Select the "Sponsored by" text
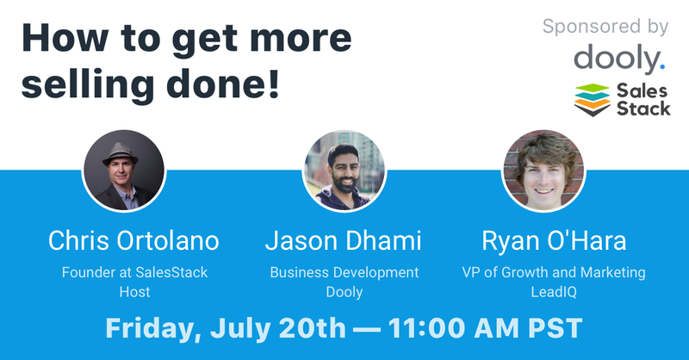(605, 27)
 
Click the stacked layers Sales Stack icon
(591, 99)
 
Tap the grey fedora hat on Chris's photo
(122, 152)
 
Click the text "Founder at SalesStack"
(134, 273)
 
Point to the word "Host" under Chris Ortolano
(134, 292)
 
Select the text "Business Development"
(344, 273)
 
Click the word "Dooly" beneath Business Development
(344, 292)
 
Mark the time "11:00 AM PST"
(481, 328)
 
